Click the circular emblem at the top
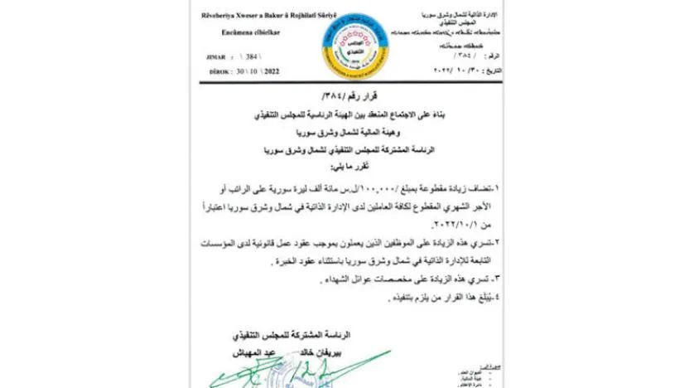347,42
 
